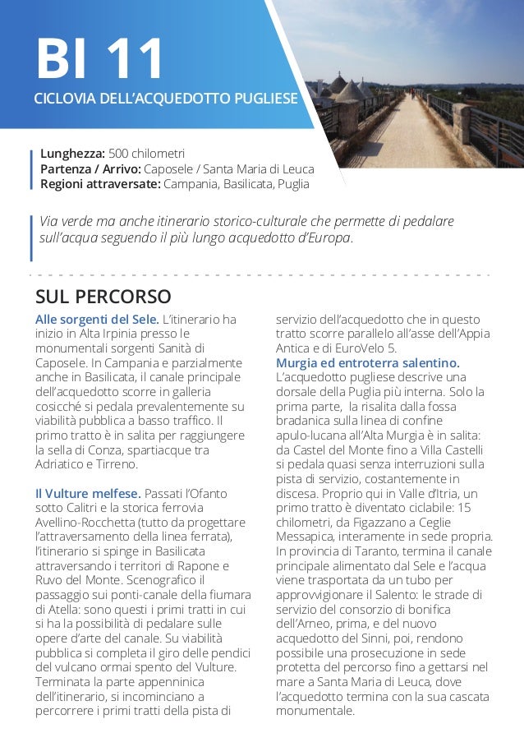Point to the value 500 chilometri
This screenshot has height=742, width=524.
146,154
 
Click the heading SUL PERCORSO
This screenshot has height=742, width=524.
103,295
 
